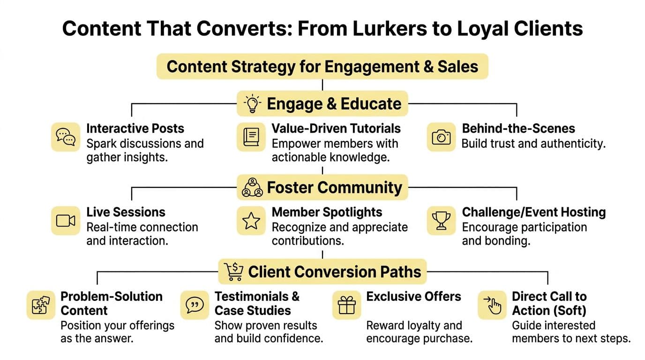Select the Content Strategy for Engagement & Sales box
(x=322, y=66)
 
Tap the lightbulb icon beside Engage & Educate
(x=253, y=104)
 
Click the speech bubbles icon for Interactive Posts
(x=65, y=136)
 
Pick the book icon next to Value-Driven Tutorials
(x=251, y=136)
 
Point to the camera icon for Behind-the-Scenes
(x=441, y=136)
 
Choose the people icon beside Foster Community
(x=252, y=187)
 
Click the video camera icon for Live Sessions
(x=65, y=220)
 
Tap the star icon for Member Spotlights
(x=251, y=220)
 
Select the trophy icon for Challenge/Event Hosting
(x=441, y=220)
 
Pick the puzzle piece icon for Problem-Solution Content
(x=41, y=305)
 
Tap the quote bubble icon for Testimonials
(x=195, y=305)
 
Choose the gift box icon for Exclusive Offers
(x=347, y=305)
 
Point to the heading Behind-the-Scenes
(x=518, y=128)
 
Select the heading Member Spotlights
(x=327, y=212)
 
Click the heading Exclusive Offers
(x=413, y=296)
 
